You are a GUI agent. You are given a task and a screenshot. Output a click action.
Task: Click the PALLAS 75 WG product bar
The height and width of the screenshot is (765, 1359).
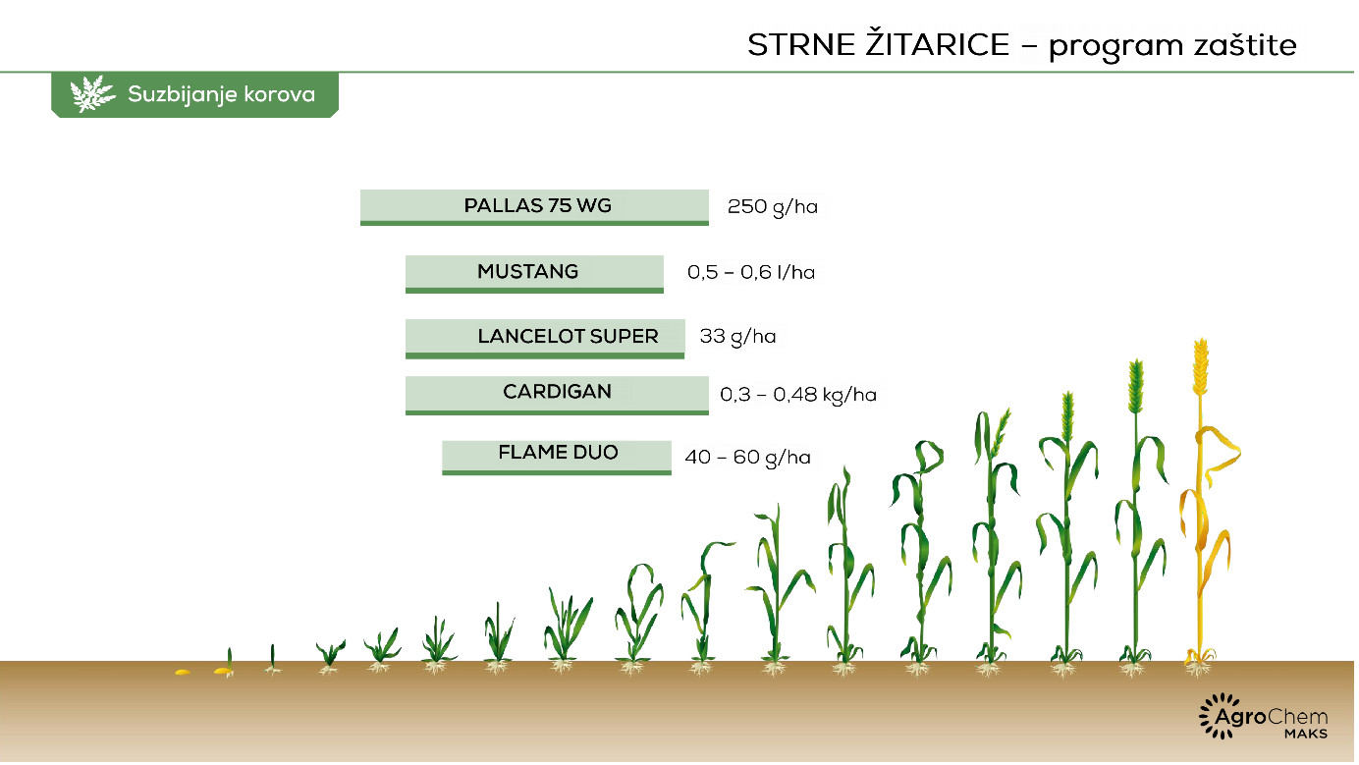click(534, 207)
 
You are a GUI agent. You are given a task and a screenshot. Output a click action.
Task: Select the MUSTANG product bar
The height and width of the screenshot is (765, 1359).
click(534, 274)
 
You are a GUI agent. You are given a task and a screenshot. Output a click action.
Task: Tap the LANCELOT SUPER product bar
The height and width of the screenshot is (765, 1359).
click(545, 339)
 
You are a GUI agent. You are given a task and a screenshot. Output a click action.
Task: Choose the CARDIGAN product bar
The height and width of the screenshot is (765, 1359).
click(557, 396)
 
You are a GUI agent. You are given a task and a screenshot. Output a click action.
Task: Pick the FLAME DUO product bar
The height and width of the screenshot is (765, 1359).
click(557, 458)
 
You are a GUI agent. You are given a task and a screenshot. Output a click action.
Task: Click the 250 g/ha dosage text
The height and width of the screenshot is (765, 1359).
click(773, 207)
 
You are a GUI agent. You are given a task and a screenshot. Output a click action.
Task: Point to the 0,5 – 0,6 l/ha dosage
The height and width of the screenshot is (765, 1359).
click(751, 272)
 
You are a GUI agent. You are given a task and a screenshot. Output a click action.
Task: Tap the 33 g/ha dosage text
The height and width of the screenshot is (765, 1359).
click(737, 337)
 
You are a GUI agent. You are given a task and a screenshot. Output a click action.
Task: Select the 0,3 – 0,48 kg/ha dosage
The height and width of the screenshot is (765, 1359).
click(798, 395)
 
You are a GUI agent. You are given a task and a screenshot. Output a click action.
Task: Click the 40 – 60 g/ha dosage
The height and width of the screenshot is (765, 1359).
click(748, 458)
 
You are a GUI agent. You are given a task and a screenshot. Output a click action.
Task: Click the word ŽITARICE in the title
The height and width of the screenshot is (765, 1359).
click(938, 43)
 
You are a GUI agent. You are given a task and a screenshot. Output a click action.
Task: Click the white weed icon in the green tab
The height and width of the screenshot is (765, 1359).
click(91, 94)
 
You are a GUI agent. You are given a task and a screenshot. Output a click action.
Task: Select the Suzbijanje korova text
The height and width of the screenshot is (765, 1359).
click(222, 94)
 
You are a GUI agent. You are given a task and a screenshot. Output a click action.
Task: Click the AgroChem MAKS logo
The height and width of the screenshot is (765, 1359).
click(1264, 717)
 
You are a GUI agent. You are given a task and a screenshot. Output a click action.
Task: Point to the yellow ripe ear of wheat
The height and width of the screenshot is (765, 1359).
click(1201, 366)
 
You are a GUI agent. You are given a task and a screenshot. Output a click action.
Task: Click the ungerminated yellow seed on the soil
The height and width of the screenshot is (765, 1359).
click(183, 672)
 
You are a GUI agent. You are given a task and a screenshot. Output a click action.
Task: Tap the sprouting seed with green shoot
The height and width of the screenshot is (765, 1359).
click(225, 664)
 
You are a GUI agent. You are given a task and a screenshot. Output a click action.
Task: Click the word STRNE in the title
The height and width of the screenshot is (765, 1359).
click(801, 45)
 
